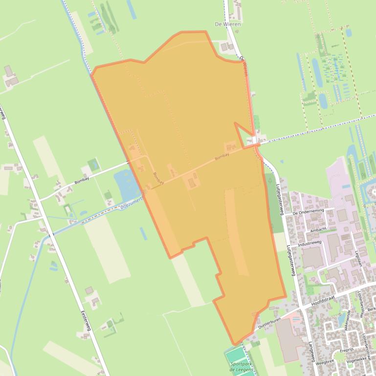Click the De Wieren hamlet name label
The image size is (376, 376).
pyautogui.click(x=228, y=24)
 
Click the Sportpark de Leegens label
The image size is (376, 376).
pyautogui.click(x=241, y=367)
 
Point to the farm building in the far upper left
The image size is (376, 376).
pyautogui.click(x=10, y=76)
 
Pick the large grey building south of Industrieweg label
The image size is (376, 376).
pyautogui.click(x=311, y=257)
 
